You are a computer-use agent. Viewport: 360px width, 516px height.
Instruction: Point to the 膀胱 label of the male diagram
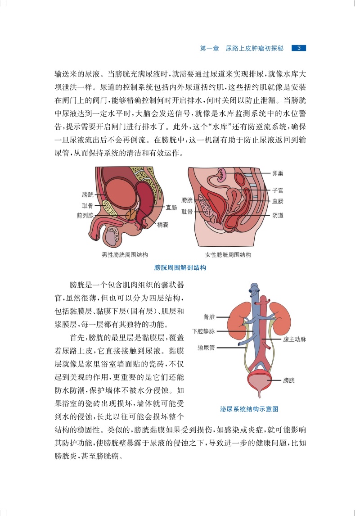click(x=88, y=195)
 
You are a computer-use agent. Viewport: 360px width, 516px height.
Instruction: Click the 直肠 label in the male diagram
click(x=171, y=208)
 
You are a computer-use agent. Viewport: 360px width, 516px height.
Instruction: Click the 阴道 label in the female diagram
click(x=278, y=215)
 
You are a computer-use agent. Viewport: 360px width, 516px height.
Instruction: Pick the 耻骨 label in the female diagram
click(x=187, y=211)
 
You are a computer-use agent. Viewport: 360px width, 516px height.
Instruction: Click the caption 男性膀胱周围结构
click(x=125, y=255)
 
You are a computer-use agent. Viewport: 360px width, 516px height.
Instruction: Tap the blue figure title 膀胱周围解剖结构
click(x=180, y=267)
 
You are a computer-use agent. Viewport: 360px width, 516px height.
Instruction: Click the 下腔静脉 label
click(x=203, y=331)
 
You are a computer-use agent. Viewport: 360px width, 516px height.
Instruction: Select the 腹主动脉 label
click(x=294, y=339)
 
